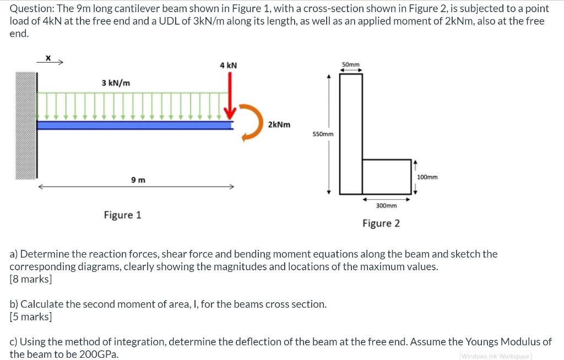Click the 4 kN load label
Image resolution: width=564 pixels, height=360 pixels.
click(x=228, y=66)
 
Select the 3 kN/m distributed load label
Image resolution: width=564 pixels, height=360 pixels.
click(x=116, y=83)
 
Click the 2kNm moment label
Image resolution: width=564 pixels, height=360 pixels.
click(x=279, y=124)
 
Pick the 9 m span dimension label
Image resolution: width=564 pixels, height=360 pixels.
click(x=138, y=180)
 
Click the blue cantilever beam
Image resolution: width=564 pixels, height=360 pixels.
click(x=135, y=126)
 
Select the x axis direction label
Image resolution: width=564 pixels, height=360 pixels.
click(x=48, y=57)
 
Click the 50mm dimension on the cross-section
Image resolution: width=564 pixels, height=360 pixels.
click(x=351, y=64)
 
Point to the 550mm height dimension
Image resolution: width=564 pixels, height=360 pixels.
click(x=323, y=134)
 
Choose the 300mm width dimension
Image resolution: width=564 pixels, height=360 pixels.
click(x=386, y=205)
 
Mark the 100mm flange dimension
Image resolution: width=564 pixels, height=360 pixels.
click(x=428, y=177)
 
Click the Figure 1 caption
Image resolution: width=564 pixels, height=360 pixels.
click(x=122, y=215)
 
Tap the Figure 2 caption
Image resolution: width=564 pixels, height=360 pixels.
click(x=381, y=223)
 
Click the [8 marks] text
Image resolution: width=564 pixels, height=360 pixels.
click(x=31, y=279)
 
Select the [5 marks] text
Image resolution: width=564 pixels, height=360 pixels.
click(x=31, y=317)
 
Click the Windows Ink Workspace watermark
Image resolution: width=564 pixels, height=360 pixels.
click(x=495, y=356)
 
